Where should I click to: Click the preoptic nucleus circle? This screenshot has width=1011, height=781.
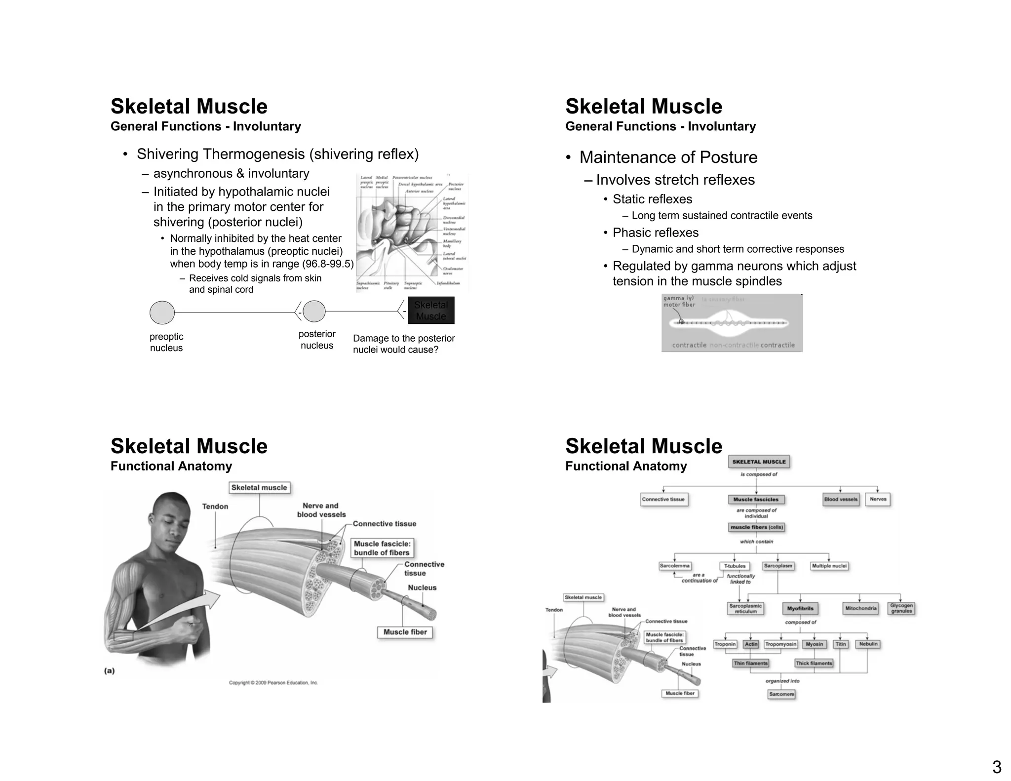coord(162,312)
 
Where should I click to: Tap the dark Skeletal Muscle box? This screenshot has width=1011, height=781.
coord(431,311)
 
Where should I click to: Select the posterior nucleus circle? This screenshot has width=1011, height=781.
coord(314,312)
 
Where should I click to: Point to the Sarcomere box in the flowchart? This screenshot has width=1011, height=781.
coord(781,694)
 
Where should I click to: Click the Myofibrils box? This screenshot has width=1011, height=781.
coord(800,608)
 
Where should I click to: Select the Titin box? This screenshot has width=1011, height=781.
coord(841,644)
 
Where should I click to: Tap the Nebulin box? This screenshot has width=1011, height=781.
coord(868,644)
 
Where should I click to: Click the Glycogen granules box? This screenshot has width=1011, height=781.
coord(901,608)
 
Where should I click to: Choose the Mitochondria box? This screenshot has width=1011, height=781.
coord(860,608)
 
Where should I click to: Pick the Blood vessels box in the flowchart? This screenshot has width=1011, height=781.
coord(841,499)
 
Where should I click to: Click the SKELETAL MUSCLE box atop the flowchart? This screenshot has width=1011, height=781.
coord(759,462)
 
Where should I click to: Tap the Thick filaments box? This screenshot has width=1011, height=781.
coord(814,663)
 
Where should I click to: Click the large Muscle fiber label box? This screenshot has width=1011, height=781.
coord(405,632)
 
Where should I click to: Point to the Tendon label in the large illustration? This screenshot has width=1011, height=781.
coord(215,507)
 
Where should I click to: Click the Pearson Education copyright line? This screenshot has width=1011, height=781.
coord(273,683)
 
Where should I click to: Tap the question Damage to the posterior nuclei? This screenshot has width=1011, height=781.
coord(403,344)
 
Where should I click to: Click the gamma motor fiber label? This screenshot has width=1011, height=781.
coord(679,301)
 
